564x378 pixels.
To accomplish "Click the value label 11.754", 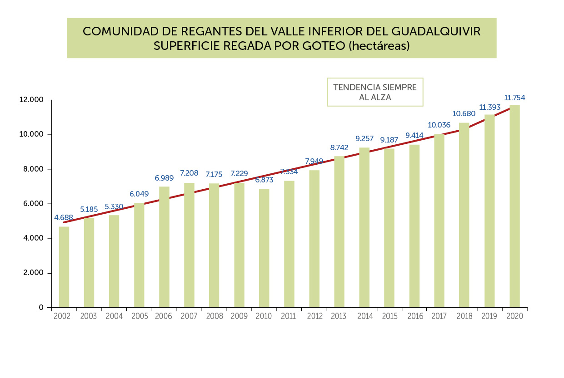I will [514, 98].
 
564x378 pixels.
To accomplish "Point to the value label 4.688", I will [64, 217].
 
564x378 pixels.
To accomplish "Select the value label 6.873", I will [264, 180].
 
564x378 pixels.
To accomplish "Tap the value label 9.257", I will [364, 138].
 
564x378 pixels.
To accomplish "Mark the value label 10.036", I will [439, 125].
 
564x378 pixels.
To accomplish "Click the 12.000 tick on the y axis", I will [32, 100].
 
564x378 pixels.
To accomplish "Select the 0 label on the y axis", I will [41, 308].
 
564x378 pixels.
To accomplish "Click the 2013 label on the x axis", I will [339, 316].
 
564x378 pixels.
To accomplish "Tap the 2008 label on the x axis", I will [214, 316].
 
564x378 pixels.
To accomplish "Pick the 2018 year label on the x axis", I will [464, 316].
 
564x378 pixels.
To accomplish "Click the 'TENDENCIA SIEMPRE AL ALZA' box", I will [375, 92].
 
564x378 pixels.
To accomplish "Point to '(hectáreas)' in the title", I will [379, 46].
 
